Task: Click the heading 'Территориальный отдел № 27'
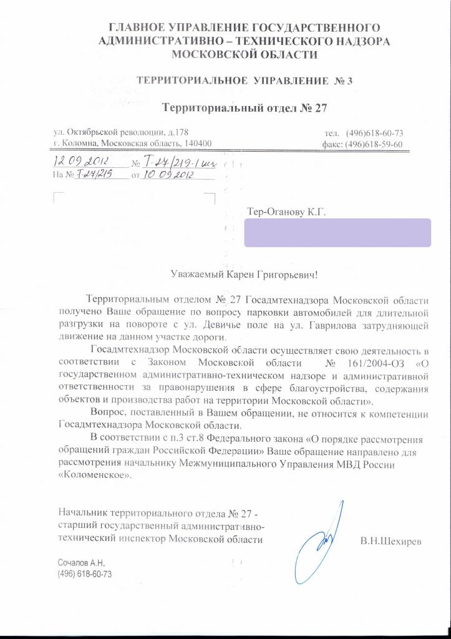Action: (x=245, y=107)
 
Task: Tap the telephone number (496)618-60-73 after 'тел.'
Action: (x=374, y=133)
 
